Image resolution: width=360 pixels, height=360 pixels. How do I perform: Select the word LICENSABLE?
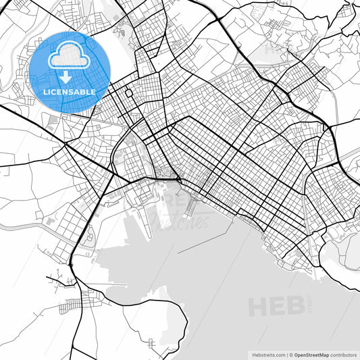[70, 91]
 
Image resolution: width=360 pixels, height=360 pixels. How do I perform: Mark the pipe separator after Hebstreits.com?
[286, 354]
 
